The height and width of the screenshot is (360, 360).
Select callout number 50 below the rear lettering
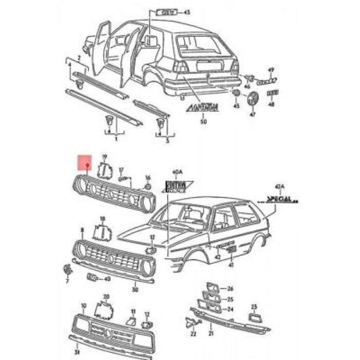click(203, 122)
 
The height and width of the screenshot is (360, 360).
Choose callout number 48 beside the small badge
click(272, 104)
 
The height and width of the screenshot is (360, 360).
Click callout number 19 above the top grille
click(104, 157)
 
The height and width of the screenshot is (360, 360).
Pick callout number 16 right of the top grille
click(148, 177)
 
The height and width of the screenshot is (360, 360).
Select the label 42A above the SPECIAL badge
click(280, 187)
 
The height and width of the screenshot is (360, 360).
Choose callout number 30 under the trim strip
click(135, 290)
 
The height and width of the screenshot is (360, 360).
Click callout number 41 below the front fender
click(231, 264)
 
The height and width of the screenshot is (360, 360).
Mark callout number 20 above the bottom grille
click(106, 297)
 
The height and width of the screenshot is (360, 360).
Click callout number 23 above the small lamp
click(254, 307)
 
